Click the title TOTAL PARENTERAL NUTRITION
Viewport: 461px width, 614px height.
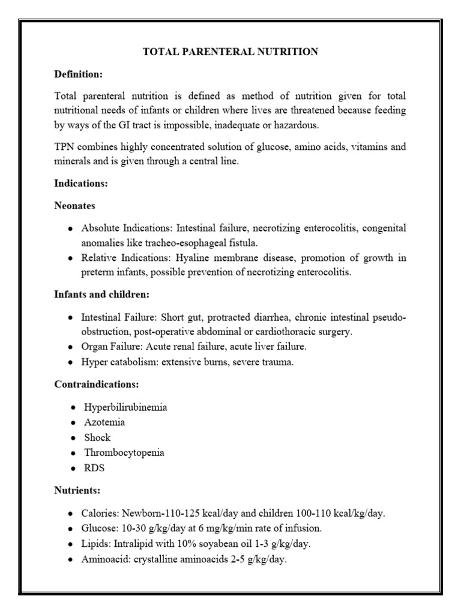[230, 52]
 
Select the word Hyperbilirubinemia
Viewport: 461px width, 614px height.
[125, 407]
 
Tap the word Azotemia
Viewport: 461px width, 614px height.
[104, 422]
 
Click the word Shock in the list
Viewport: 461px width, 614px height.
[97, 437]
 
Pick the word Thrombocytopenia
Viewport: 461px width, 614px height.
[124, 452]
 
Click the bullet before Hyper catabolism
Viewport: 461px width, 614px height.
[71, 363]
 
